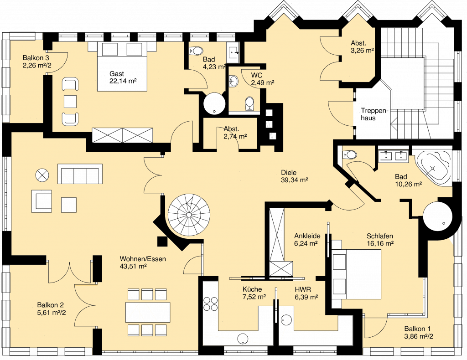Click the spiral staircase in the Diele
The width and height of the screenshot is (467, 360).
point(189,215)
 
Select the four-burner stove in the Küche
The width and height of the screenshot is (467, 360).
point(210,303)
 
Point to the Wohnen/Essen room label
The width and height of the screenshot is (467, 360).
point(143,259)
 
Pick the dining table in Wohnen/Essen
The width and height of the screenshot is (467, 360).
point(148,312)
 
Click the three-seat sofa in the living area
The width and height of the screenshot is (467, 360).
point(80,174)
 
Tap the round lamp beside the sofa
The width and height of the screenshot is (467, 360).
point(42,175)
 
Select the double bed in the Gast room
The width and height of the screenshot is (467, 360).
point(122,67)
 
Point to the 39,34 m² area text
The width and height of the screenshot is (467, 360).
point(294,180)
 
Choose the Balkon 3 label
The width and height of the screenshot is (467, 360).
point(36,58)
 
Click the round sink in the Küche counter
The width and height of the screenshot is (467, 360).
point(243,339)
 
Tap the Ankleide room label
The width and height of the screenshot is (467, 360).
point(307,236)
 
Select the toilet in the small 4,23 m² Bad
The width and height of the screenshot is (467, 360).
point(196,51)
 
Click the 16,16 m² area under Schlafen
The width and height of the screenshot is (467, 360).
point(380,244)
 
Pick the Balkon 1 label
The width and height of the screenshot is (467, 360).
point(417,329)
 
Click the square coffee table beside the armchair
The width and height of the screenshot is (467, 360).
point(69,205)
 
